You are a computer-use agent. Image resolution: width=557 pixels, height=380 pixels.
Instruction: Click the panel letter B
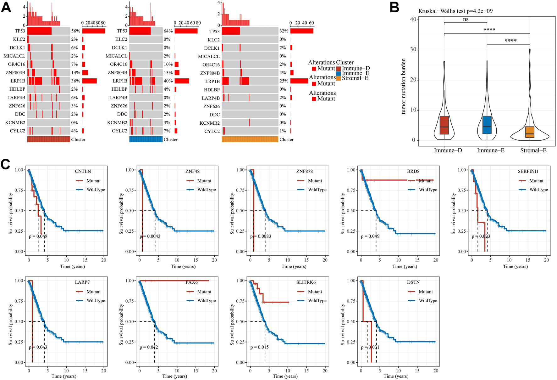pos(394,7)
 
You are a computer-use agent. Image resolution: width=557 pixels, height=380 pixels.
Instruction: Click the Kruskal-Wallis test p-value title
pos(455,11)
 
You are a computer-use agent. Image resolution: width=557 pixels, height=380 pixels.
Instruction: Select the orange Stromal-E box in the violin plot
pos(530,132)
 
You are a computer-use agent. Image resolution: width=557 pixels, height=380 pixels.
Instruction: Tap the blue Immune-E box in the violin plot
pos(487,125)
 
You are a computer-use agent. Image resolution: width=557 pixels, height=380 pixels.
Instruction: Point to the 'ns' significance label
pos(466,20)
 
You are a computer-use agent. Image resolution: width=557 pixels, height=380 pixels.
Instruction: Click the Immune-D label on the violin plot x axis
pos(448,150)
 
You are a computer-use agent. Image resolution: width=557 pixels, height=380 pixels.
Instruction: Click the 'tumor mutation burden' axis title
pos(404,86)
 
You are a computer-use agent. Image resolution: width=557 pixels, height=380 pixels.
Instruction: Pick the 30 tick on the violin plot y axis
pos(413,50)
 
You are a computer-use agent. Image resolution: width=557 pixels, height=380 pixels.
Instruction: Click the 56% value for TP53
pos(76,31)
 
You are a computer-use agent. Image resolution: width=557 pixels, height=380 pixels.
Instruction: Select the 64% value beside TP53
pos(168,31)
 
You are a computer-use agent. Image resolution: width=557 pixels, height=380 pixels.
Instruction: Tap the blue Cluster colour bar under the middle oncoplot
pos(146,139)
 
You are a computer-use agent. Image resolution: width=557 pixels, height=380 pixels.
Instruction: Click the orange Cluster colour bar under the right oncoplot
pos(250,139)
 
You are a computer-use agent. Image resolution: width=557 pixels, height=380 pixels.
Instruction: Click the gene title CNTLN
pos(83,172)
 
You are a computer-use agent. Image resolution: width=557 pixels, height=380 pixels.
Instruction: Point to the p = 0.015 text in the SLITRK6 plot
pos(259,347)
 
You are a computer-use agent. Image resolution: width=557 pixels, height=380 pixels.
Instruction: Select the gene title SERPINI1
pos(528,172)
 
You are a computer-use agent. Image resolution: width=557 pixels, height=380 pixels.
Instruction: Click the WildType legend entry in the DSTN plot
pos(428,301)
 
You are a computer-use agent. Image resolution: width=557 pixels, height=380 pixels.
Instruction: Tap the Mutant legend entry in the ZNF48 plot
pos(204,181)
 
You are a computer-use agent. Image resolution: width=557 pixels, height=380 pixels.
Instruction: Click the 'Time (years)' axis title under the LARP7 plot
pos(64,376)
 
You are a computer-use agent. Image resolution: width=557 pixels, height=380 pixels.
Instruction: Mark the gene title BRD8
pos(413,172)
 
